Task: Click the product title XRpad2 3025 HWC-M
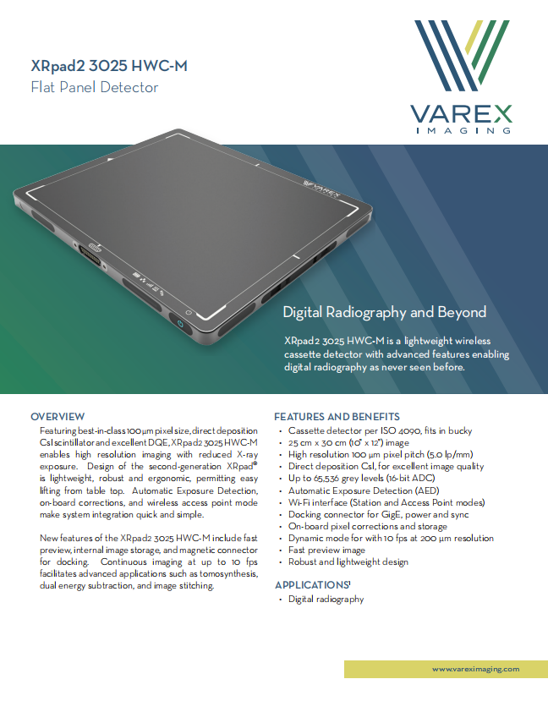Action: click(109, 66)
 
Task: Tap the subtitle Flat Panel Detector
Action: click(95, 87)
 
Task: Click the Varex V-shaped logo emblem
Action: click(462, 55)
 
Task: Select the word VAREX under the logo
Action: click(461, 114)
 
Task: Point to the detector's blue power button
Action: click(181, 324)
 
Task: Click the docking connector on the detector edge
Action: click(90, 255)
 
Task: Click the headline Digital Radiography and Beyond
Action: click(385, 312)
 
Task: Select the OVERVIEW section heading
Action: click(58, 417)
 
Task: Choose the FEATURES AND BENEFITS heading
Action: click(337, 417)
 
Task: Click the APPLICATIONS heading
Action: click(313, 585)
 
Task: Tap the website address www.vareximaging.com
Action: click(475, 669)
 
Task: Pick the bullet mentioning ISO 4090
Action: click(380, 431)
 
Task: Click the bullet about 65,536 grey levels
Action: click(362, 479)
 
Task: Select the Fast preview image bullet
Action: click(326, 550)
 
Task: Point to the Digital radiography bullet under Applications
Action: click(326, 600)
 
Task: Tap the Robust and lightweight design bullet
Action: click(348, 562)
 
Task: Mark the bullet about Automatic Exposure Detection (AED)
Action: click(364, 491)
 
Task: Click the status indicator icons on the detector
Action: click(148, 284)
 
